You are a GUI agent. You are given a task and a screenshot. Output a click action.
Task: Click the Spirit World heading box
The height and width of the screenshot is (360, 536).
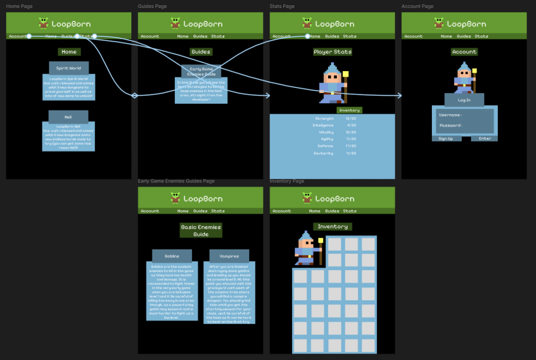click(x=69, y=67)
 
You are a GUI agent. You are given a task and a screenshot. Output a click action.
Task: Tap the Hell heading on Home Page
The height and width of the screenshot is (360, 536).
click(x=68, y=116)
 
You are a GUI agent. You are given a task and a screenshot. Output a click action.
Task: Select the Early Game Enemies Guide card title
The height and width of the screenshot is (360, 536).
click(x=202, y=71)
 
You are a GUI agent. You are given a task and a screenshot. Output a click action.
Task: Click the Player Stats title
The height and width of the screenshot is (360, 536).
click(x=332, y=52)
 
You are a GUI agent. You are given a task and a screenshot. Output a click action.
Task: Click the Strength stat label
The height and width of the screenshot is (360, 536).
click(x=325, y=119)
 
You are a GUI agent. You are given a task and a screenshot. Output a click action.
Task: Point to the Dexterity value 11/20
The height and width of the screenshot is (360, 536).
click(x=351, y=153)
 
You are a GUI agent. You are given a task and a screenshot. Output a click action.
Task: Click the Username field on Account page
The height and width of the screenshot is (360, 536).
click(x=465, y=115)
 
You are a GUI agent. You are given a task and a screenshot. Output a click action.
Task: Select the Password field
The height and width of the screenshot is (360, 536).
click(x=465, y=126)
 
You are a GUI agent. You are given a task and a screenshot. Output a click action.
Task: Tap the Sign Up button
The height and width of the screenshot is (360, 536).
click(x=446, y=139)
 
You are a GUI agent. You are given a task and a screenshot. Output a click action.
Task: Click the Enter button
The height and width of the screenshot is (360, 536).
click(x=485, y=139)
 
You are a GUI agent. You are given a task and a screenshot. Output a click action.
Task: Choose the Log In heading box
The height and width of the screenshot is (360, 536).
click(x=464, y=100)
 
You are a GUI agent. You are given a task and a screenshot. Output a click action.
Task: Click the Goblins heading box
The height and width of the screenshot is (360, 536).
click(x=172, y=256)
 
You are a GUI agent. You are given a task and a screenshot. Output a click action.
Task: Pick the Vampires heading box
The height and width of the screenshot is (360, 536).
click(x=229, y=256)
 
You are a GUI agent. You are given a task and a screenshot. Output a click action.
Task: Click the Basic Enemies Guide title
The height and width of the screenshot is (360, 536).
click(x=201, y=231)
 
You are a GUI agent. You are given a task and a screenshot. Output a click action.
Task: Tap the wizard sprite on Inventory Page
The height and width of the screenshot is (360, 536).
click(x=308, y=249)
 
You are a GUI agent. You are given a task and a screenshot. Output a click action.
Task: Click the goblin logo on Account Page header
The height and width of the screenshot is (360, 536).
click(x=439, y=23)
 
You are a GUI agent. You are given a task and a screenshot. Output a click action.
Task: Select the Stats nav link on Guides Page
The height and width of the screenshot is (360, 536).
click(x=218, y=37)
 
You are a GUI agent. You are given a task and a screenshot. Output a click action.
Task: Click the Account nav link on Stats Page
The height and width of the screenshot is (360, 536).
click(x=282, y=37)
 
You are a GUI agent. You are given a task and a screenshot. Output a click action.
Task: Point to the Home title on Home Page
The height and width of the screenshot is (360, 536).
click(x=69, y=52)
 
